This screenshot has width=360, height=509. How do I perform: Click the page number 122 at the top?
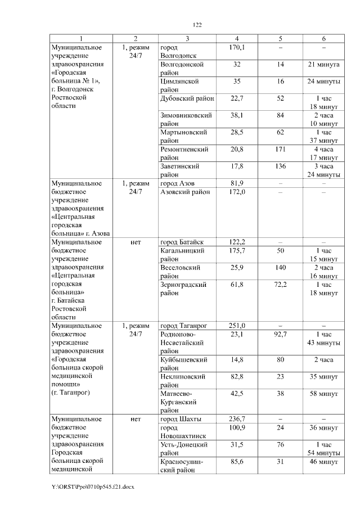click(x=197, y=25)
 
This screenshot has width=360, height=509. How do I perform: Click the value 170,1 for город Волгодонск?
click(x=236, y=47)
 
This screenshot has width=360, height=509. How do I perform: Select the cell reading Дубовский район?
click(x=187, y=98)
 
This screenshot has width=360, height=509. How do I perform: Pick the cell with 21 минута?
click(x=323, y=65)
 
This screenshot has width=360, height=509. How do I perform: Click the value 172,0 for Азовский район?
click(x=236, y=192)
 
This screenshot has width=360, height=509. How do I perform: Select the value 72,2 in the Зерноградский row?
click(x=280, y=285)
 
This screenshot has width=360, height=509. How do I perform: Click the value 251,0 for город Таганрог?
click(x=236, y=326)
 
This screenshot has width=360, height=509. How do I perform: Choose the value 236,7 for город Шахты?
click(x=236, y=419)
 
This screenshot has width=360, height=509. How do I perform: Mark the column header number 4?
click(x=236, y=38)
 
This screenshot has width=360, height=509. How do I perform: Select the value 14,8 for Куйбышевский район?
click(x=236, y=359)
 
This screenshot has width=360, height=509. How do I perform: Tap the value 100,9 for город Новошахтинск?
click(x=236, y=428)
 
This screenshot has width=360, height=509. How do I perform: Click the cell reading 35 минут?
click(x=323, y=377)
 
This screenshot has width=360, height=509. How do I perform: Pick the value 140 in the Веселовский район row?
click(x=280, y=268)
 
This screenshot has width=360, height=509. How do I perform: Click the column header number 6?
click(x=323, y=38)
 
